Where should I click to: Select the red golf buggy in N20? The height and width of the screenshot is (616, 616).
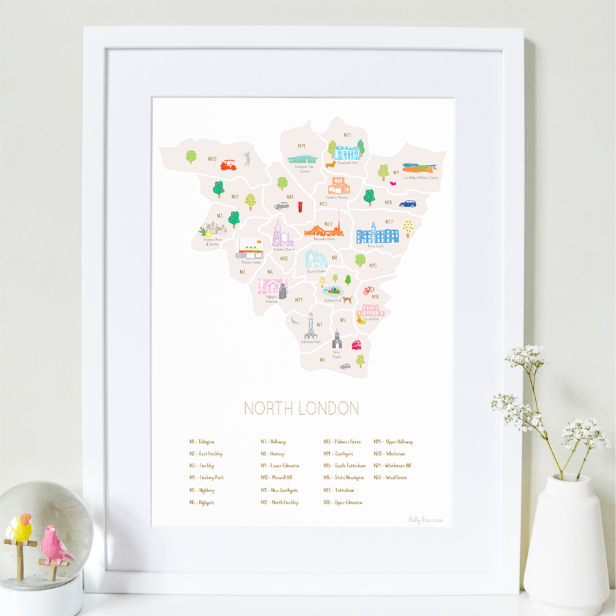[228, 165]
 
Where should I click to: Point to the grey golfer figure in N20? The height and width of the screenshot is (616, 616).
[247, 159]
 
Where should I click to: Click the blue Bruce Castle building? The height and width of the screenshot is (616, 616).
[377, 234]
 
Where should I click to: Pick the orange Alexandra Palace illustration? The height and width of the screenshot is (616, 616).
[325, 229]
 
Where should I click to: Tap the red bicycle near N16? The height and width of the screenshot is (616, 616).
[369, 290]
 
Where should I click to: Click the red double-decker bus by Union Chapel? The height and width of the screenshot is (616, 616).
[356, 345]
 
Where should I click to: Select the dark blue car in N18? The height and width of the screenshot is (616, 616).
[408, 203]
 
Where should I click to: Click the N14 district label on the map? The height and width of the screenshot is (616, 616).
[301, 146]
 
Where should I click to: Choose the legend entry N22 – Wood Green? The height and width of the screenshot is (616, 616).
[390, 478]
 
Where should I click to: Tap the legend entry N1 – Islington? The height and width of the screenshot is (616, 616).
[202, 442]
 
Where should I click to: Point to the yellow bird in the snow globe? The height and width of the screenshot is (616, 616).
[23, 528]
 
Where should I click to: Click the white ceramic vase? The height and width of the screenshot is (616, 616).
[566, 541]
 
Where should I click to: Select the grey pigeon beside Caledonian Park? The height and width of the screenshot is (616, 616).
[294, 320]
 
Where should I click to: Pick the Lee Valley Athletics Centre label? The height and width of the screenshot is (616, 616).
[422, 178]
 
